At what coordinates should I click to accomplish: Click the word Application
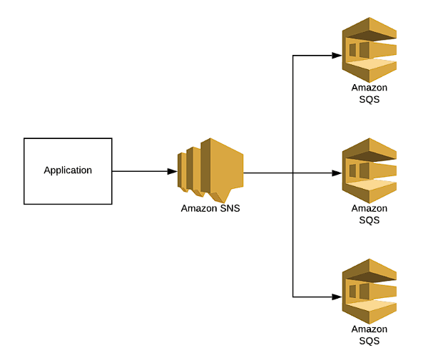click(68, 170)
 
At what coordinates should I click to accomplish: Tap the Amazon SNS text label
click(210, 209)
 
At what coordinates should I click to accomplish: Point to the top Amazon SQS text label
click(369, 93)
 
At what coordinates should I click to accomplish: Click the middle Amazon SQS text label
click(369, 214)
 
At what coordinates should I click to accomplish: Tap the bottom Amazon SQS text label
click(369, 335)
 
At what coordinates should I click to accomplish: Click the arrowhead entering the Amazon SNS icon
click(173, 171)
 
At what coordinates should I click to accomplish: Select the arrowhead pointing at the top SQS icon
click(337, 55)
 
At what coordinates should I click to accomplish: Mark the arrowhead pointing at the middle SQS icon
click(337, 173)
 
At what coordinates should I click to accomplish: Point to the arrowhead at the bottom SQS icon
click(337, 296)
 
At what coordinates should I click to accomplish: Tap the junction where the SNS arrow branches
click(293, 173)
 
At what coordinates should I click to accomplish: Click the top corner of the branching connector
click(293, 55)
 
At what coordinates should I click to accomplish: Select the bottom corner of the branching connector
click(293, 296)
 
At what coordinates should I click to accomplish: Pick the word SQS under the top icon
click(369, 100)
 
